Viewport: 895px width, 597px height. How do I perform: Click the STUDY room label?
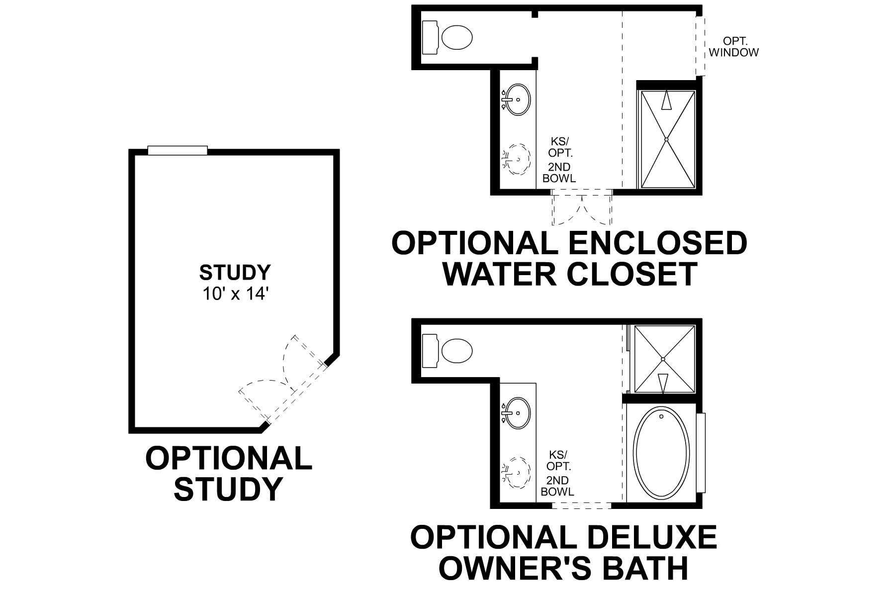(235, 273)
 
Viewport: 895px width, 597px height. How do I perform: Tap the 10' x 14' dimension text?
(235, 294)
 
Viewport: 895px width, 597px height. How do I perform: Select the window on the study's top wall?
(178, 150)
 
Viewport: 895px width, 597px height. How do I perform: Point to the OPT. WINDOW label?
(733, 47)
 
